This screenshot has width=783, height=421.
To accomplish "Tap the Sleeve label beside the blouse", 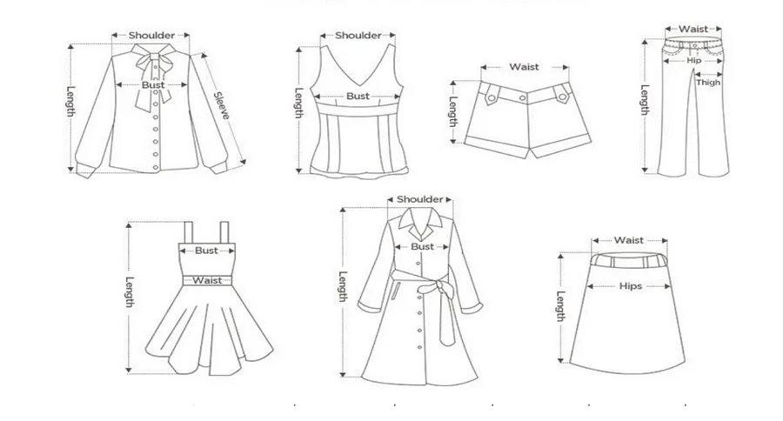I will coord(224,106).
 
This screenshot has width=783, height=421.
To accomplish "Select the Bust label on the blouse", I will coord(153,85).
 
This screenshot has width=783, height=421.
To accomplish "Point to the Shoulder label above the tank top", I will coord(358,36).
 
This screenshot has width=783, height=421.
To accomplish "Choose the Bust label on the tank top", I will coord(358,96).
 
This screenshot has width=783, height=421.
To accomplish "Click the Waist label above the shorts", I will coord(525,66).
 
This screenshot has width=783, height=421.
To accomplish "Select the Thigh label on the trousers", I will coord(707,83).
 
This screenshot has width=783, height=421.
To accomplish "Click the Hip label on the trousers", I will coord(693,60).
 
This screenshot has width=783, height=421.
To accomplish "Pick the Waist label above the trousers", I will coord(693,30).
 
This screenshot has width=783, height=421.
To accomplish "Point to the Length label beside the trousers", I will coord(645,100).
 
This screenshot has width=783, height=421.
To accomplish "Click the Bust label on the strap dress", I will coord(206,251).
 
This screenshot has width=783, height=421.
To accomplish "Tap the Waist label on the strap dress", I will coord(206,280).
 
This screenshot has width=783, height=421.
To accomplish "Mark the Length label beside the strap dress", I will coord(129,292).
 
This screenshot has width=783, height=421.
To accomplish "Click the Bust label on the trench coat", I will coord(422,246).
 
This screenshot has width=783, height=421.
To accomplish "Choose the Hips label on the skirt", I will coord(631,285).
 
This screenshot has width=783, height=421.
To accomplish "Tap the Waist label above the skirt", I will coord(629,240).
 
